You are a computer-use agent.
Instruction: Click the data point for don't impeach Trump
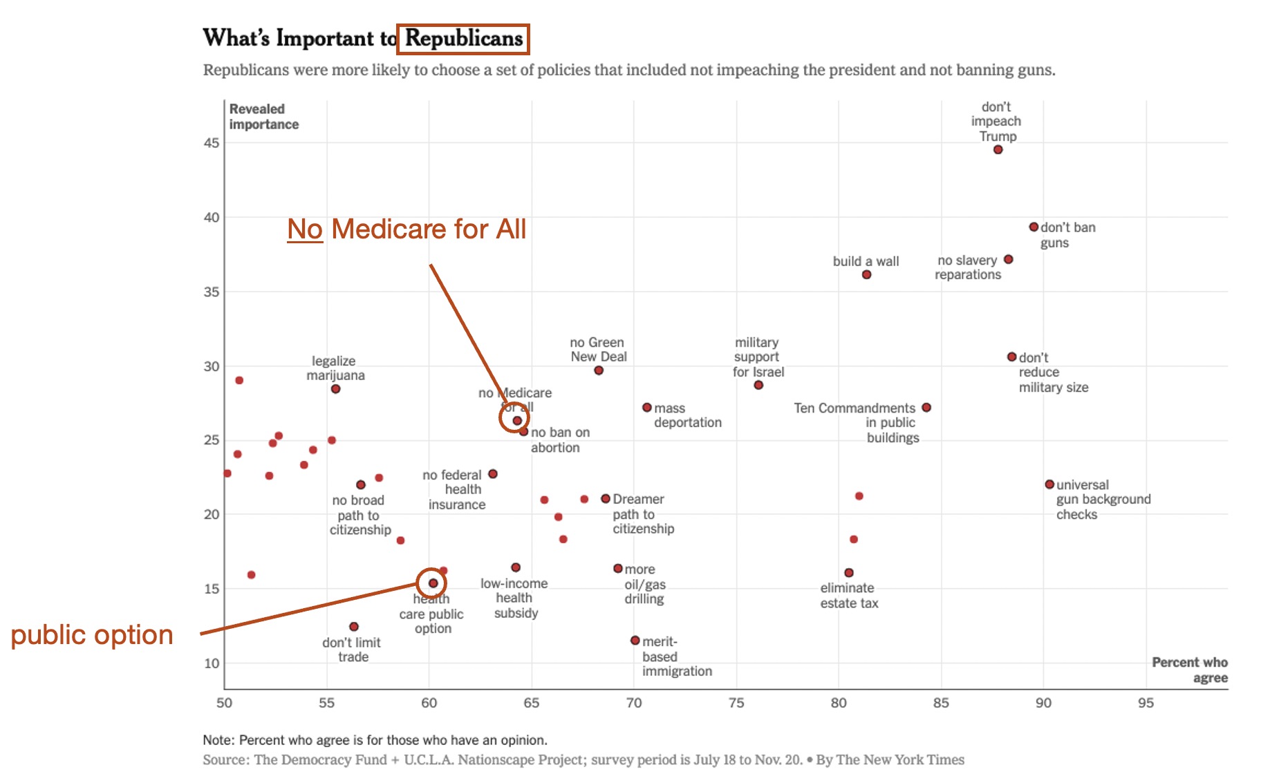pyautogui.click(x=998, y=149)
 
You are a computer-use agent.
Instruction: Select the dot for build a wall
pyautogui.click(x=866, y=274)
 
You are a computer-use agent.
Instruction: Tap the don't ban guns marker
pyautogui.click(x=1034, y=227)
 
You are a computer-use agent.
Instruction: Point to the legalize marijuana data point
pyautogui.click(x=335, y=389)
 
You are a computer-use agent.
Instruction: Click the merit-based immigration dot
pyautogui.click(x=635, y=641)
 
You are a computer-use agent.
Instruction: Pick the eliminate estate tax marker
pyautogui.click(x=849, y=572)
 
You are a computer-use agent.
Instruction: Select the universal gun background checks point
pyautogui.click(x=1049, y=484)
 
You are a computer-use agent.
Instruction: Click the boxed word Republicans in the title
pyautogui.click(x=463, y=39)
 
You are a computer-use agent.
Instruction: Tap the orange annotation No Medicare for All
pyautogui.click(x=407, y=229)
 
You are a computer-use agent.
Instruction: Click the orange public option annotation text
pyautogui.click(x=92, y=634)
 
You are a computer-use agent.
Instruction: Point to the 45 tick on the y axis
pyautogui.click(x=212, y=143)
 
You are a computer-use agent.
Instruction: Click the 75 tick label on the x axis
pyautogui.click(x=736, y=703)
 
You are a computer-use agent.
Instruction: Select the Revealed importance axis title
pyautogui.click(x=263, y=117)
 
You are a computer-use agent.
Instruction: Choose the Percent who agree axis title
pyautogui.click(x=1189, y=670)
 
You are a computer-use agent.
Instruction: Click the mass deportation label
pyautogui.click(x=687, y=415)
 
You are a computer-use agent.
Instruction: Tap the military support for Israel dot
pyautogui.click(x=758, y=385)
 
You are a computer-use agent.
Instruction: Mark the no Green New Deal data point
pyautogui.click(x=599, y=370)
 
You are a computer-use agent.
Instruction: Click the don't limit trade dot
pyautogui.click(x=354, y=627)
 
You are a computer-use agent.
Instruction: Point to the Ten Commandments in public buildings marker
pyautogui.click(x=926, y=408)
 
